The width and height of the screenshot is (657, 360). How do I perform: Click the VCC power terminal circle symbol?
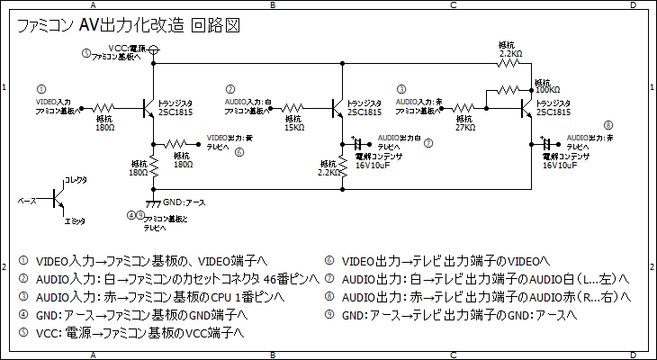(155, 49)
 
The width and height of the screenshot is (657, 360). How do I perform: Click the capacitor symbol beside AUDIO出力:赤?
(546, 143)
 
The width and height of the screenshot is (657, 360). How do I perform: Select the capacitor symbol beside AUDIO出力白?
(359, 143)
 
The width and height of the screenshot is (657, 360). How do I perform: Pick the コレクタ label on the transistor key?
(76, 180)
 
